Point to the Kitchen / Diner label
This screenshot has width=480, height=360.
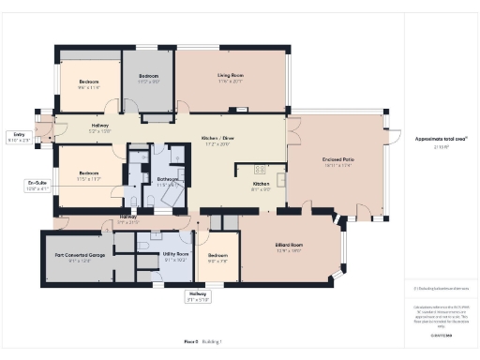[217, 142]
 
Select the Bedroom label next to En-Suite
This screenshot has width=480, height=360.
[89, 175]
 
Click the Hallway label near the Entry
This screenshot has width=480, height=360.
[100, 127]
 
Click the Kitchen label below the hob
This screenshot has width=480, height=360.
[261, 187]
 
